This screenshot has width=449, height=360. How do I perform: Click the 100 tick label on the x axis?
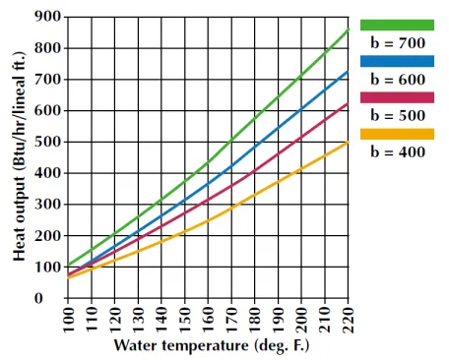[x=68, y=321]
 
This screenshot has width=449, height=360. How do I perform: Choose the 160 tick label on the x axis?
[x=207, y=321]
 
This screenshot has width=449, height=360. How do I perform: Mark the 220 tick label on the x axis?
[x=347, y=321]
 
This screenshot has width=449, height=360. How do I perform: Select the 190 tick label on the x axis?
[x=277, y=321]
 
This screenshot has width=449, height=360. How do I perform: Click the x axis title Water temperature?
[x=208, y=347]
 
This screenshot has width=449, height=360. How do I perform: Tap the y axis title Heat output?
[x=19, y=157]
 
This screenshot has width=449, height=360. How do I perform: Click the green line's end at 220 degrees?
[x=347, y=30]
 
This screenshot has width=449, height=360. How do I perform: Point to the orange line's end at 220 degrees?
[x=347, y=142]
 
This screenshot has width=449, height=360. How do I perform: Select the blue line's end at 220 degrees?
[x=347, y=71]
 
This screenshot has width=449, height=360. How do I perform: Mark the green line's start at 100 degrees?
[x=68, y=266]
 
